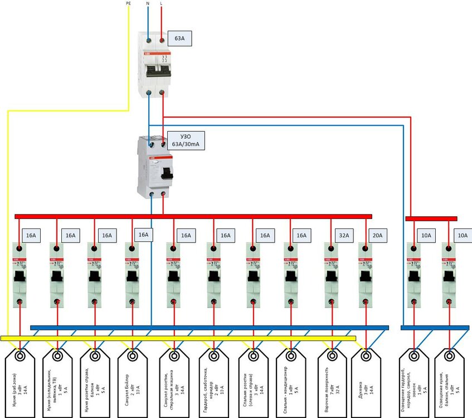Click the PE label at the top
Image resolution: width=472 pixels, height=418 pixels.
pyautogui.click(x=129, y=3)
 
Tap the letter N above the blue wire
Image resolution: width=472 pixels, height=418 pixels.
pyautogui.click(x=147, y=3)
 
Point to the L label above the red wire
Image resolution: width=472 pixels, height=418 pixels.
pyautogui.click(x=162, y=3)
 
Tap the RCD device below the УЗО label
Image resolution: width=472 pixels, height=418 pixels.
pyautogui.click(x=155, y=167)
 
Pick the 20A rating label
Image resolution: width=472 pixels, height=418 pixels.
pyautogui.click(x=377, y=236)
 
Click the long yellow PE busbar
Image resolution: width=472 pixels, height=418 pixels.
pyautogui.click(x=178, y=338)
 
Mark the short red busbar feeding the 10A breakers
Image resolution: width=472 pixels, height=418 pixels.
pyautogui.click(x=431, y=219)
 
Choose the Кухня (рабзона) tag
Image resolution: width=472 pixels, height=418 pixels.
pyautogui.click(x=20, y=385)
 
